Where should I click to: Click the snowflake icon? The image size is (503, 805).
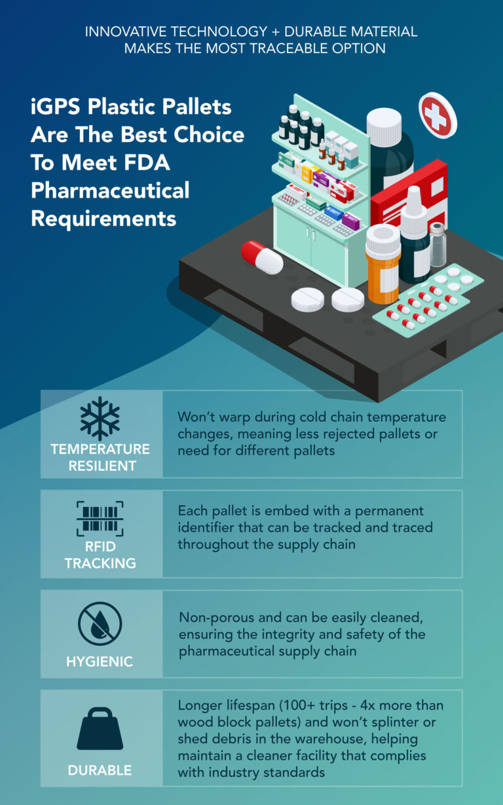[x=100, y=418]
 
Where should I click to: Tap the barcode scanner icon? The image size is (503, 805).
[x=100, y=519]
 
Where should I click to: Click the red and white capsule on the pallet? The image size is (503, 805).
[x=261, y=256]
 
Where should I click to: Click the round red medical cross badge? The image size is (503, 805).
[x=438, y=115]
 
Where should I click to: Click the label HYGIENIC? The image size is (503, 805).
[x=100, y=662]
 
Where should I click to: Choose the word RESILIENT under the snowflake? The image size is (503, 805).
[x=100, y=466]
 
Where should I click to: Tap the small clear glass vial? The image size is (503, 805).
[x=438, y=245]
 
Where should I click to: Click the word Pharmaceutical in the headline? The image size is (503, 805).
[x=110, y=191]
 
